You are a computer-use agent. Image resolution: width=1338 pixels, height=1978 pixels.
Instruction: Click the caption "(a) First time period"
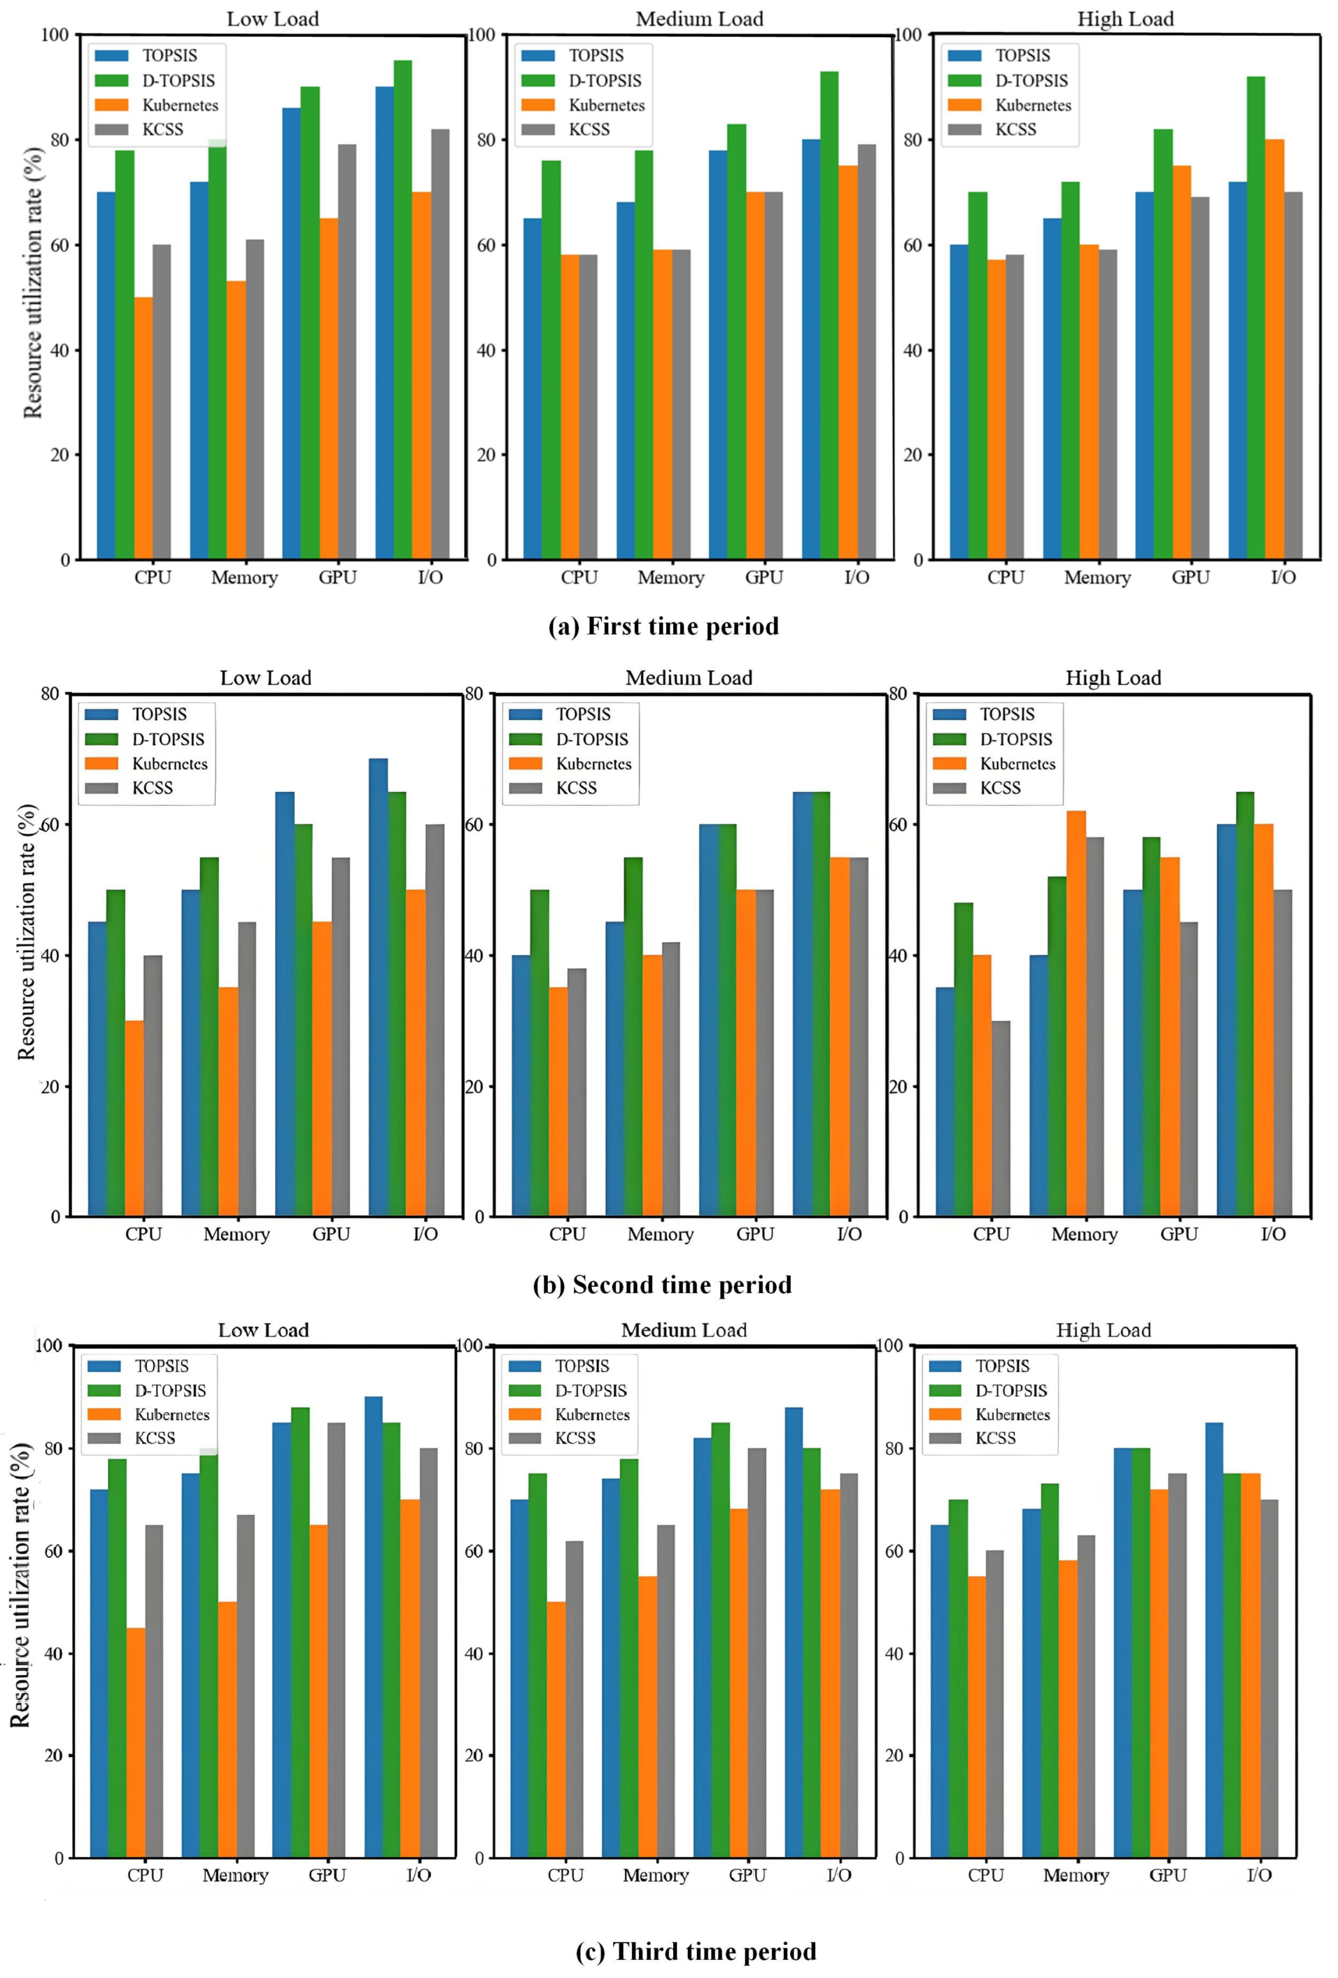point(663,627)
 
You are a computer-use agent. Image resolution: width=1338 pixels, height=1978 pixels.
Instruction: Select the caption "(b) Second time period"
point(661,1285)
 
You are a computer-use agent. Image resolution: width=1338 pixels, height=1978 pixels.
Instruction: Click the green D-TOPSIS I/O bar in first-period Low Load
point(402,311)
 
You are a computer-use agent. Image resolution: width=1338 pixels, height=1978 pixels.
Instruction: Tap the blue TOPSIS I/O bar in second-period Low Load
point(378,988)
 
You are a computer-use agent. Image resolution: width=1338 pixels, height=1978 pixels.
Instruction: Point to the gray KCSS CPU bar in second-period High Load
point(1001,1119)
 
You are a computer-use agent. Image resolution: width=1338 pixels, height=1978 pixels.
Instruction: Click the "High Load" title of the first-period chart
point(1125,19)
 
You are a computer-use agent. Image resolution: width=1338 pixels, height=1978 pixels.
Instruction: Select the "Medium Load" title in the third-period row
point(684,1331)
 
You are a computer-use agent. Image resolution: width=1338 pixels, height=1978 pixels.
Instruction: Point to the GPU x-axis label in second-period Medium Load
point(755,1234)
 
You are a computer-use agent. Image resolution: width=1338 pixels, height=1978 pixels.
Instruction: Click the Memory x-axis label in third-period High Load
point(1076,1875)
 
